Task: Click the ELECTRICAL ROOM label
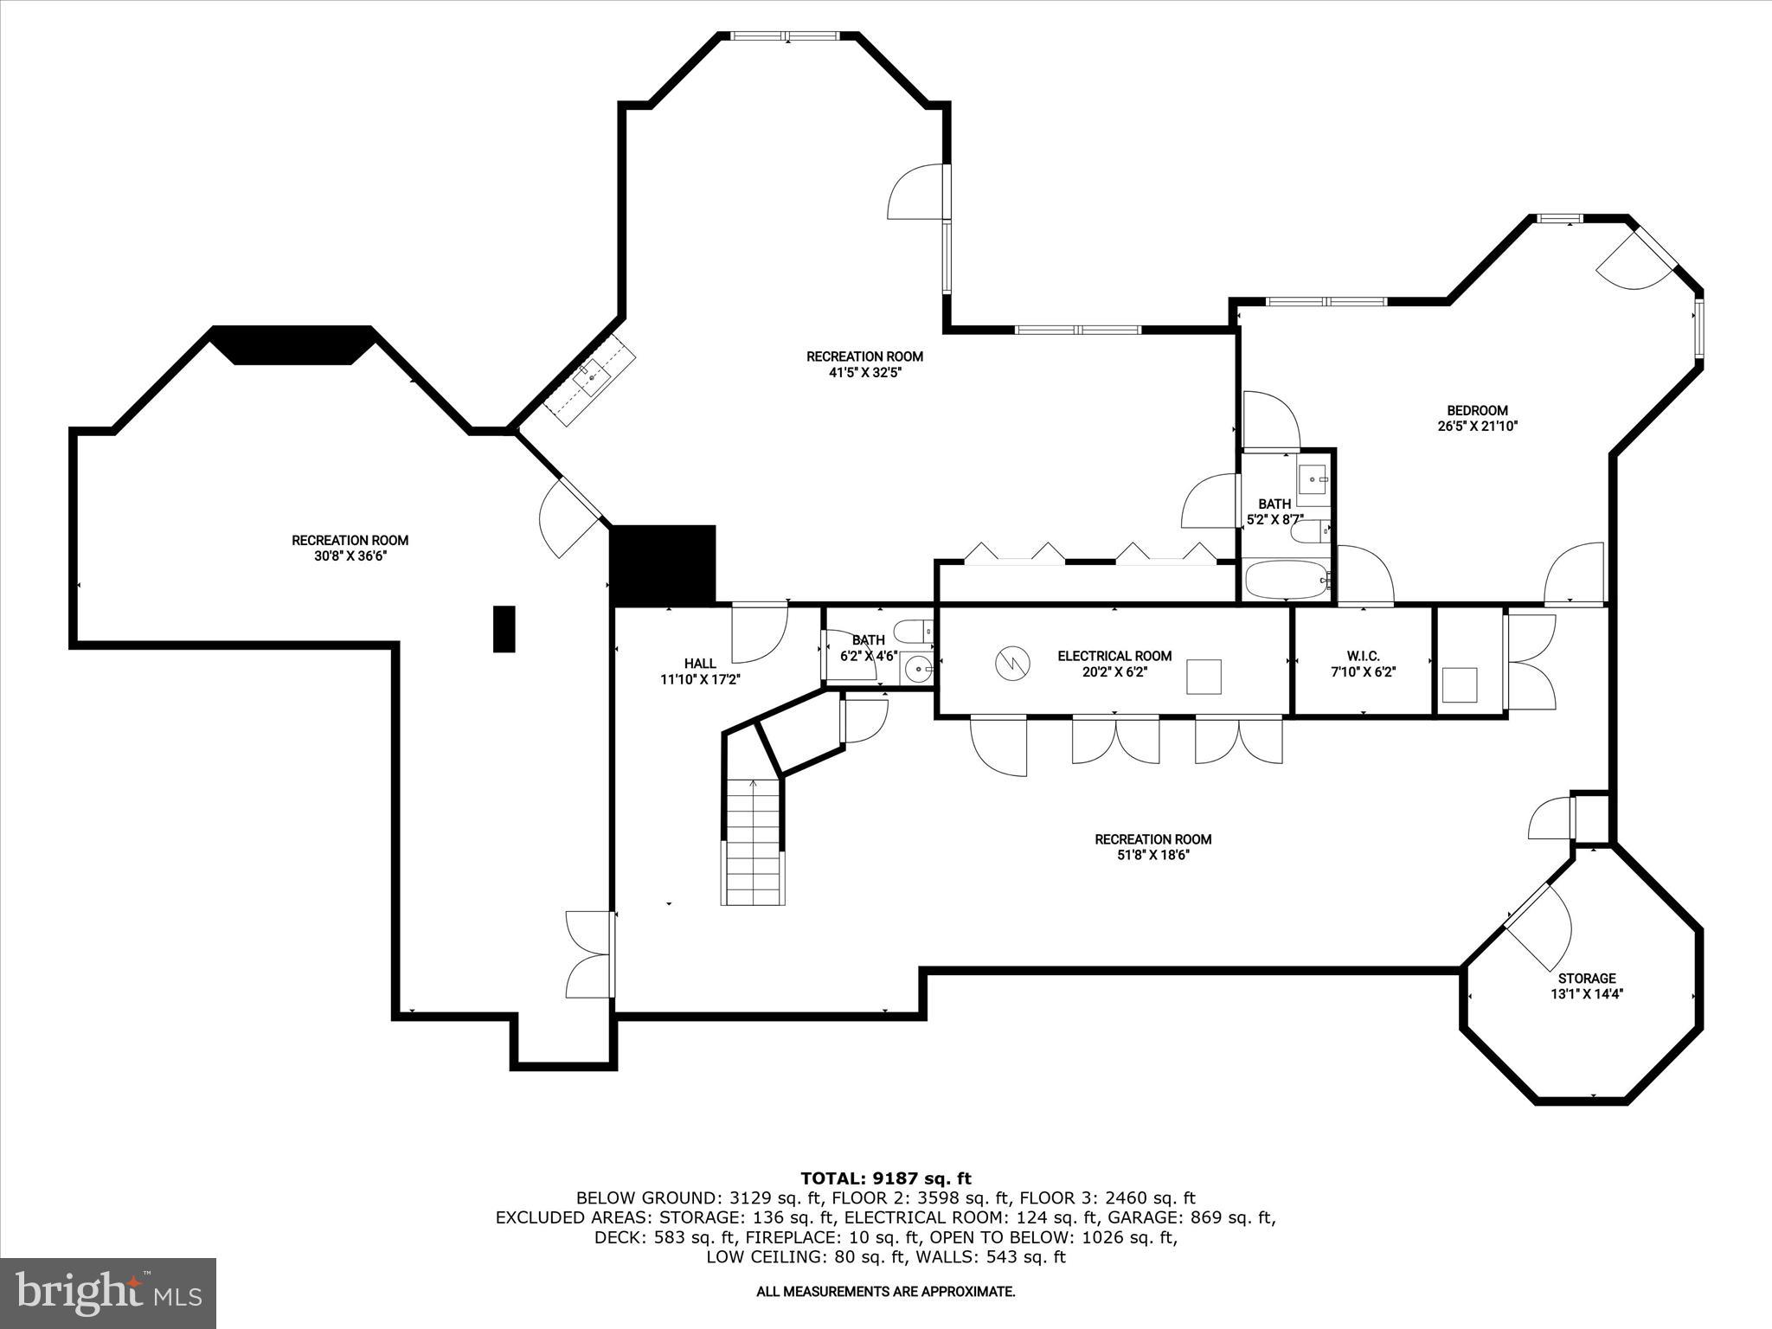[1114, 656]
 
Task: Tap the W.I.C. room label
[1363, 656]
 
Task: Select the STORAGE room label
[1586, 979]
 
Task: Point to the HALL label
[699, 664]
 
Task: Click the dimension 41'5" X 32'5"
[864, 373]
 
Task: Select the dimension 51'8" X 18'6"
[1152, 855]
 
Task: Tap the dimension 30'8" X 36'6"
[350, 556]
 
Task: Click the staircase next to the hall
[754, 844]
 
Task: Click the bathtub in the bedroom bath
[1286, 580]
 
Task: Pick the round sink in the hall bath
[916, 669]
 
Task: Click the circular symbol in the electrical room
[1011, 664]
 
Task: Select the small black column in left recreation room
[504, 628]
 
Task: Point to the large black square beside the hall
[664, 564]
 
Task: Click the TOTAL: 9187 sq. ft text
[885, 1178]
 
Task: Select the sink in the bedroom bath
[1313, 478]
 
